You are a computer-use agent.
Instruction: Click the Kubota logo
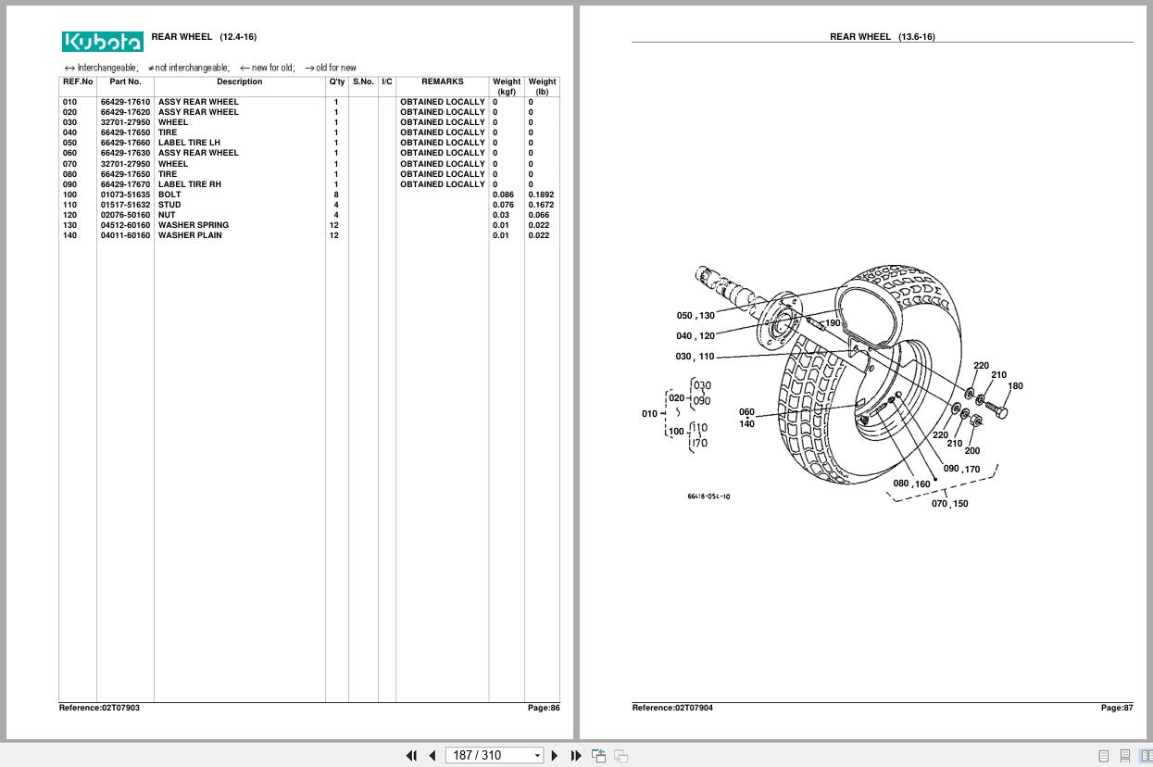[103, 42]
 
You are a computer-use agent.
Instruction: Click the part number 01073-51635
[125, 195]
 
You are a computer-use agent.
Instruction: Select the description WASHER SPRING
[193, 225]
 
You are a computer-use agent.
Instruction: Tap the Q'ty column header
[337, 82]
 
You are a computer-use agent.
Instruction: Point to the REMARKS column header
[442, 82]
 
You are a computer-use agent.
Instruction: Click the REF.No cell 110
[70, 205]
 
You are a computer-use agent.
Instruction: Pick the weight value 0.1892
[541, 195]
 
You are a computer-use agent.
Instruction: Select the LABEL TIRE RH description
[189, 184]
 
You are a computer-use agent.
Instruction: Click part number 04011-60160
[125, 235]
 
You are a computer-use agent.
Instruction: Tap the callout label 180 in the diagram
[1015, 386]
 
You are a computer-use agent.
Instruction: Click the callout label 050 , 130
[696, 316]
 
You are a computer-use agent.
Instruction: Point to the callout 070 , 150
[949, 504]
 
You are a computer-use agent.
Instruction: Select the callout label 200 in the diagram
[971, 451]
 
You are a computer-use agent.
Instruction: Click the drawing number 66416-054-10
[708, 497]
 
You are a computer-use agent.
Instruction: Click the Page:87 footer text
[1116, 708]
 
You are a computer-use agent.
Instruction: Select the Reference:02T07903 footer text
[99, 708]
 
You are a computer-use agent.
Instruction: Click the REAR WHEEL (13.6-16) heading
[882, 37]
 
